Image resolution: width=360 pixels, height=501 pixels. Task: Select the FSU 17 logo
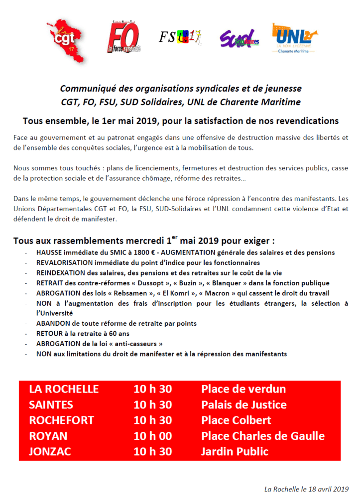click(180, 37)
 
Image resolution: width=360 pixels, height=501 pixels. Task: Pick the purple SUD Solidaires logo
click(239, 38)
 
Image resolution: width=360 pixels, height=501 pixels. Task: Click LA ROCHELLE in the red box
click(64, 389)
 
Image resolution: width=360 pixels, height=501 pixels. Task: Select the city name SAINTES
click(51, 405)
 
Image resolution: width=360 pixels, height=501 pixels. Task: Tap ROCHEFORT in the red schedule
click(61, 420)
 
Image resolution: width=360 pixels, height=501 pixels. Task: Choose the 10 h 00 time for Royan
click(152, 436)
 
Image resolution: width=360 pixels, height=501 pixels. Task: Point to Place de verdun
click(243, 389)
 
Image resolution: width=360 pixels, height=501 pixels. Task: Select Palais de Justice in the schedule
click(244, 405)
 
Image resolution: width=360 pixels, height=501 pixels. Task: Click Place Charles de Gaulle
click(263, 436)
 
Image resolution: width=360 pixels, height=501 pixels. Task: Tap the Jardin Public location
click(235, 452)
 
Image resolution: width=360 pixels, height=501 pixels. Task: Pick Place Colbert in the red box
click(236, 420)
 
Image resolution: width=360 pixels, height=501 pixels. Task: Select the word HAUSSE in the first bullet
click(48, 253)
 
